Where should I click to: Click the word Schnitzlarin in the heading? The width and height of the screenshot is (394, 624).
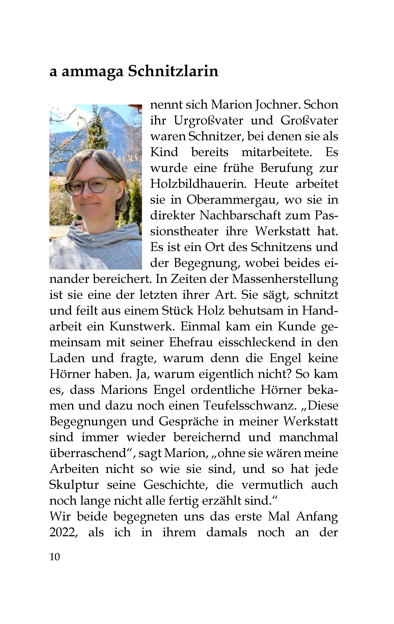click(x=173, y=72)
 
